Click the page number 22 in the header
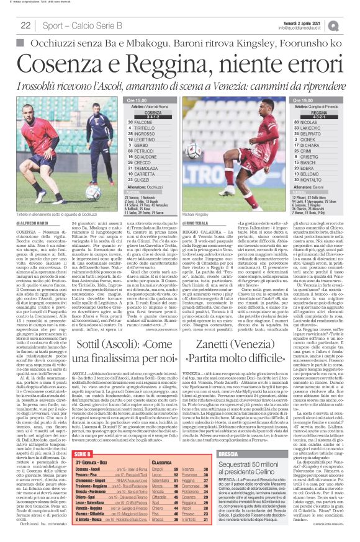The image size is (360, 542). coord(26,25)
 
